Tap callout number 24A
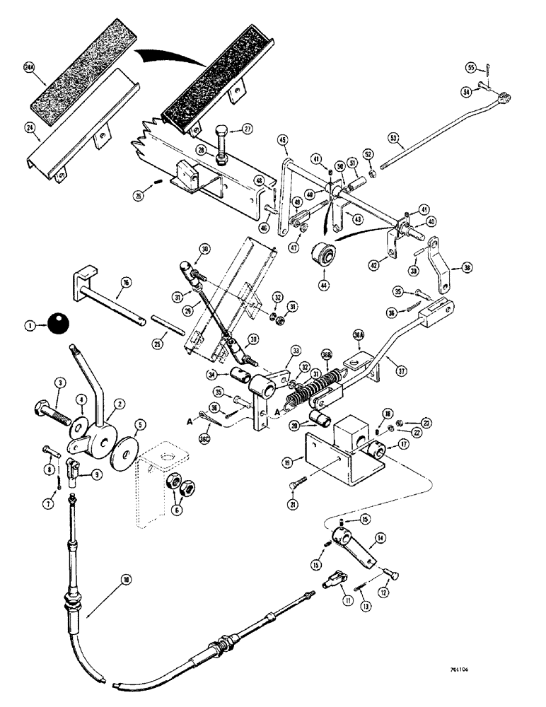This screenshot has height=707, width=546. [x=29, y=68]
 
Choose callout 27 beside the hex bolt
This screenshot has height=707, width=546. [x=248, y=129]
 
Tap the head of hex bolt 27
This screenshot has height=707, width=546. [x=220, y=132]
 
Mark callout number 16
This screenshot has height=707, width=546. [x=125, y=281]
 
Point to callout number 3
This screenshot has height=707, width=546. [x=61, y=383]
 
